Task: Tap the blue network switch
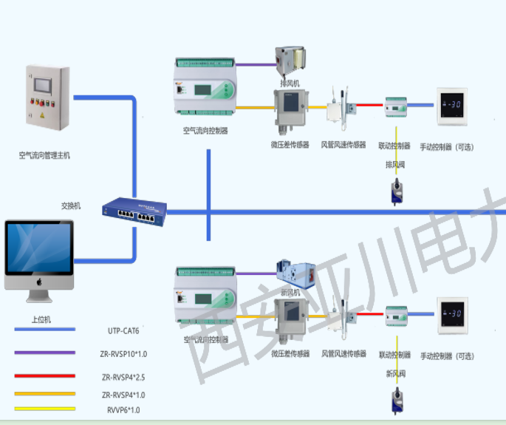point(134,211)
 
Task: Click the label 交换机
point(71,205)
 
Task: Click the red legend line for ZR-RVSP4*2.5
point(44,375)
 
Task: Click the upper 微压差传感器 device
point(289,109)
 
